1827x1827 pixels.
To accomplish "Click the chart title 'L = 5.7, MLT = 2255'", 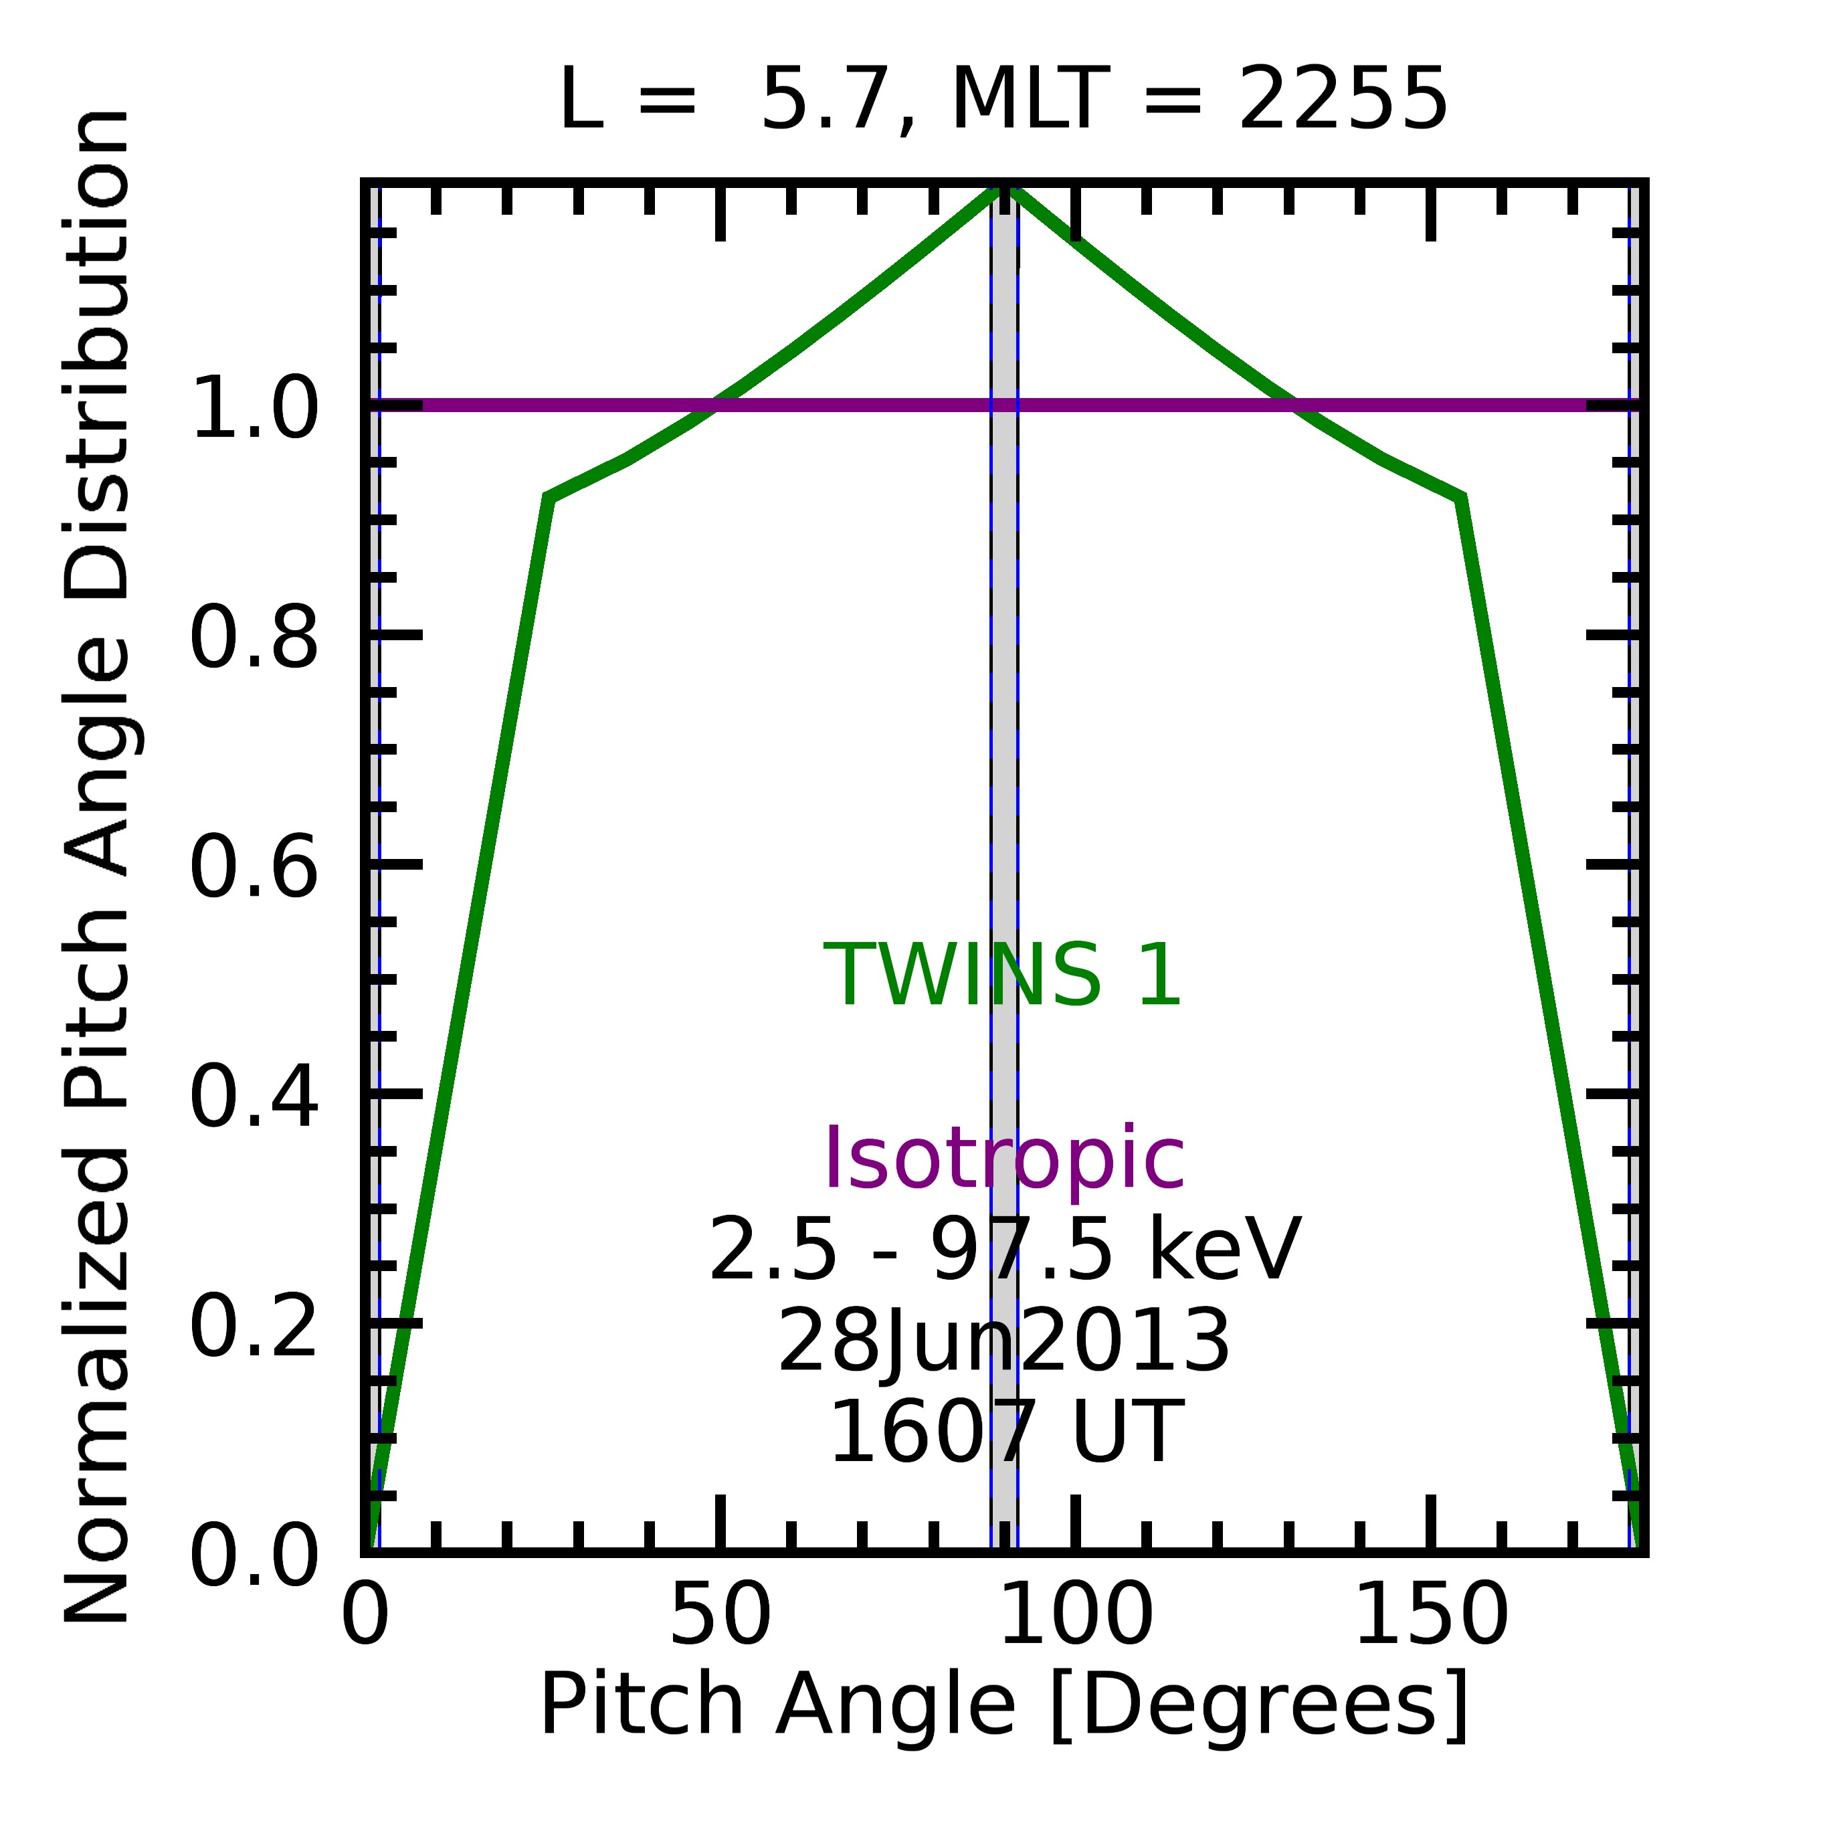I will coord(1003,100).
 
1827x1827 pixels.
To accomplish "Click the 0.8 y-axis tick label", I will coord(254,638).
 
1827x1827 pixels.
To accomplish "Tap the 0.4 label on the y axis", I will coord(254,1097).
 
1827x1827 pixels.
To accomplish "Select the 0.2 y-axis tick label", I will coord(254,1327).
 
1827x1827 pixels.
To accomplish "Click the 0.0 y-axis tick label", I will coord(254,1555).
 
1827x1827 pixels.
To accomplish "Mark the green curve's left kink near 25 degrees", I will coord(549,498).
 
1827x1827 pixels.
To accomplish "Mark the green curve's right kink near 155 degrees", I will coord(1461,498).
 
